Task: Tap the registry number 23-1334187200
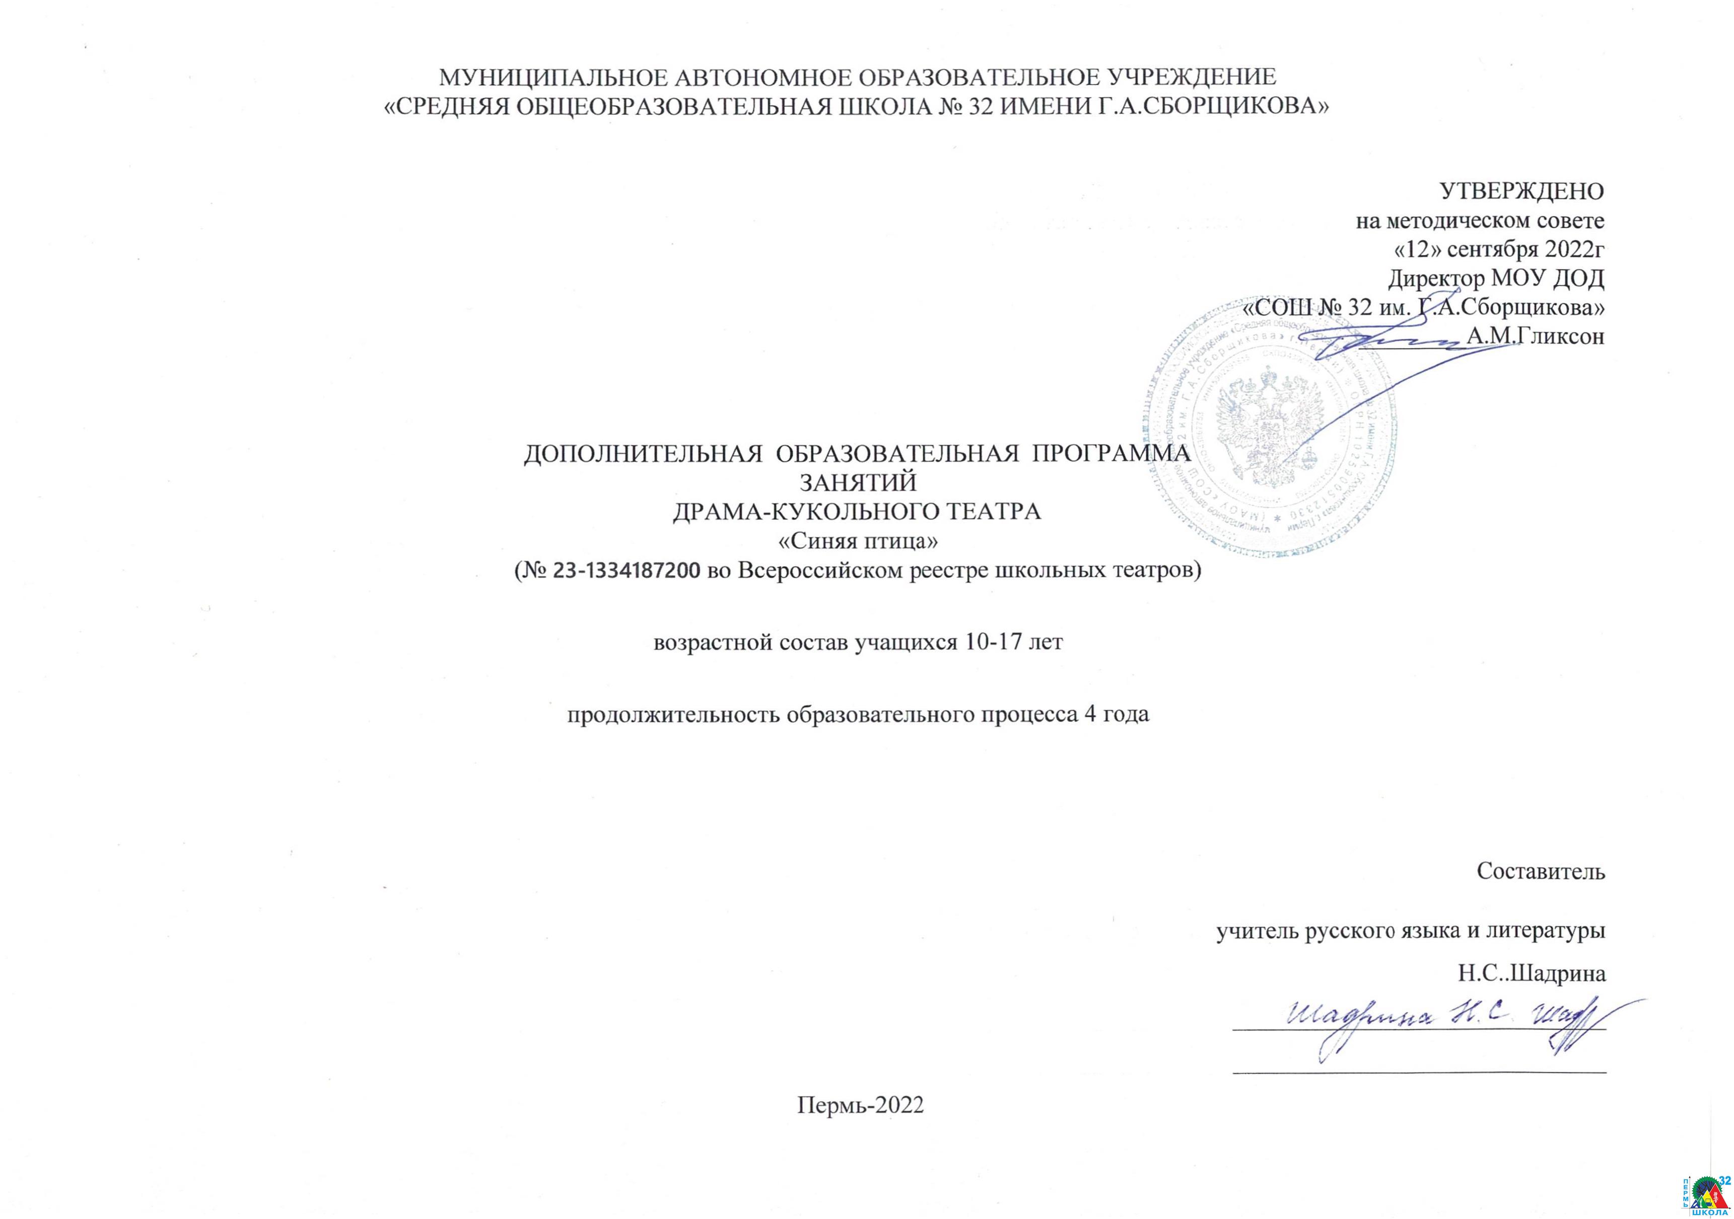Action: pyautogui.click(x=626, y=571)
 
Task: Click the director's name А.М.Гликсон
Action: pyautogui.click(x=1535, y=336)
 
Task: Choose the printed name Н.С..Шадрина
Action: pyautogui.click(x=1532, y=974)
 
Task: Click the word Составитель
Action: pyautogui.click(x=1541, y=871)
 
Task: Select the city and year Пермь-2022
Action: pyautogui.click(x=860, y=1106)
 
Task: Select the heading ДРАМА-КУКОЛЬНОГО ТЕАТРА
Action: pyautogui.click(x=857, y=511)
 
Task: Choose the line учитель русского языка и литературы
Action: pyautogui.click(x=1410, y=931)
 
